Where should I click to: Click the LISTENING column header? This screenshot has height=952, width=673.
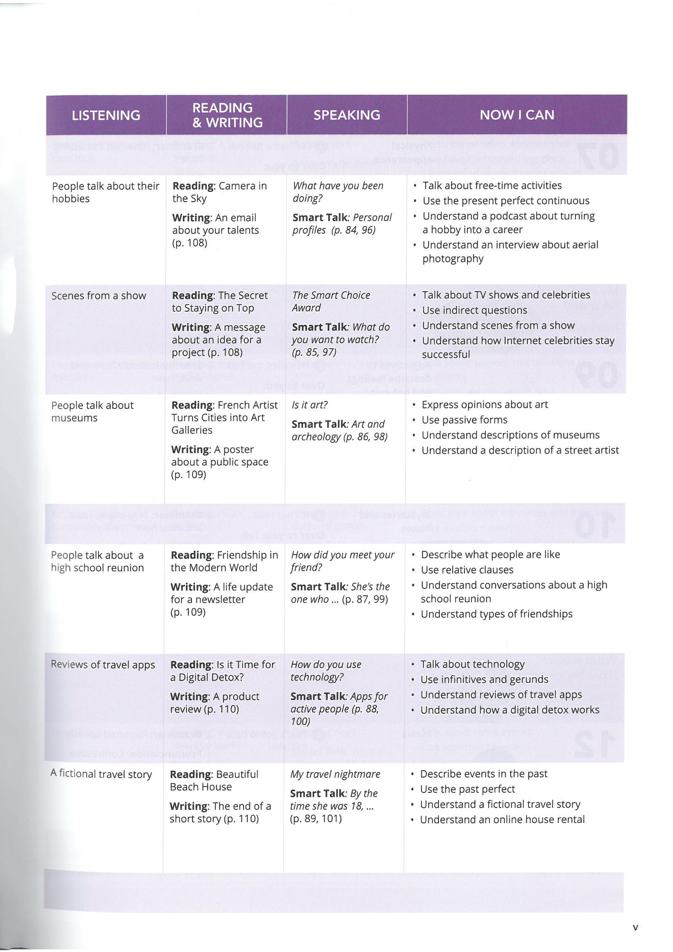pos(106,115)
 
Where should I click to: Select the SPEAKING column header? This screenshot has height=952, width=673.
pos(346,115)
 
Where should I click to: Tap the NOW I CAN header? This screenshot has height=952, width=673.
pos(517,115)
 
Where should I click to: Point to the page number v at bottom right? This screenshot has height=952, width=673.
pos(635,928)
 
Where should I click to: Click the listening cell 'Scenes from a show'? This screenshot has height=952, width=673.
pos(99,296)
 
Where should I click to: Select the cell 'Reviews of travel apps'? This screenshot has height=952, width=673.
pos(103,665)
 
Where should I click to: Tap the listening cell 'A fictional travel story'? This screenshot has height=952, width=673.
pos(101,774)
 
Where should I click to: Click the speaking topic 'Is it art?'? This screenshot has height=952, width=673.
pos(310,405)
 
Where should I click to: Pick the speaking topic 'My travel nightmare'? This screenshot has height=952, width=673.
pos(335,774)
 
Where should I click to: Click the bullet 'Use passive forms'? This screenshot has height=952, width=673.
pos(465,420)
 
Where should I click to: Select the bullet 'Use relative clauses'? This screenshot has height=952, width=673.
pos(467,570)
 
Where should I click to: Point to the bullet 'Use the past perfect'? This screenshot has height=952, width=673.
pos(467,790)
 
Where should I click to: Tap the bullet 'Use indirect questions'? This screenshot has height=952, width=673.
pos(474,311)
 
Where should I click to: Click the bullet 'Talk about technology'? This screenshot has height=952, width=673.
pos(472,664)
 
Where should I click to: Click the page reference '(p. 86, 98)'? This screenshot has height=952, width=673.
pos(365,437)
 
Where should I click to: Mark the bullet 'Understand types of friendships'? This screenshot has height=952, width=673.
pos(496,614)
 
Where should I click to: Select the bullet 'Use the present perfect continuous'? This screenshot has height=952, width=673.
pos(506,201)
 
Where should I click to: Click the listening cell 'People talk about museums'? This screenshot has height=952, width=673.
pos(92,411)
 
